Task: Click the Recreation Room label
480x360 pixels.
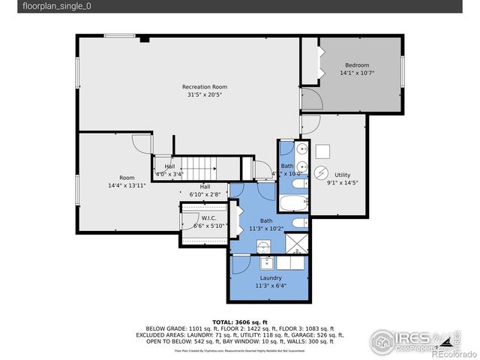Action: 204,87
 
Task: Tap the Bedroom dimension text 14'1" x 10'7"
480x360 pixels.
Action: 357,73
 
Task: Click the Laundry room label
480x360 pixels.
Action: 271,277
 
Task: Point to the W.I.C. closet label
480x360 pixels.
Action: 208,218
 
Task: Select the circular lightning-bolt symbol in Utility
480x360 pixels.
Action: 320,172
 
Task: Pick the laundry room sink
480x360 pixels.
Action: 268,262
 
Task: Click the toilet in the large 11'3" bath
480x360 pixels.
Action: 298,223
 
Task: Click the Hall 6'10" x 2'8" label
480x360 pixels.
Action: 205,190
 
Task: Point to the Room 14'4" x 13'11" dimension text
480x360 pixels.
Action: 127,184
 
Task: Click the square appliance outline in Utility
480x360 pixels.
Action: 322,149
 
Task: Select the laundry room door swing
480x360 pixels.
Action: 240,265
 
